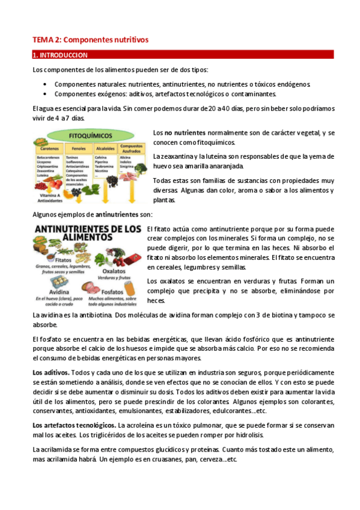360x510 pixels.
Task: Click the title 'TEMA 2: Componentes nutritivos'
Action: click(x=90, y=40)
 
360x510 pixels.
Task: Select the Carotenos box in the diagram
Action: click(x=50, y=147)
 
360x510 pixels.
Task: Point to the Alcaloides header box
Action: click(x=105, y=147)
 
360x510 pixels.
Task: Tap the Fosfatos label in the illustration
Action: click(x=113, y=292)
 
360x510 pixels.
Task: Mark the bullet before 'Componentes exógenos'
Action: click(x=46, y=94)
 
